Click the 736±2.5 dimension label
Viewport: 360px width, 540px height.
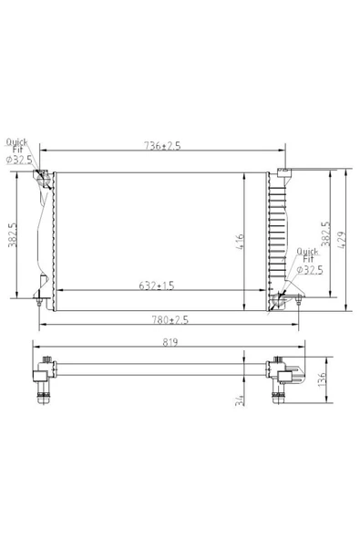[x=162, y=146]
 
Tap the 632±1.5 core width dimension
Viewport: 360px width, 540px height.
[x=157, y=286]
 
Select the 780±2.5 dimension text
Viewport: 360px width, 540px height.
[x=170, y=320]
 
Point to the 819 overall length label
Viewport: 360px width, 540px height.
[x=170, y=342]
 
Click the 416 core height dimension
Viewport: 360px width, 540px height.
[x=240, y=242]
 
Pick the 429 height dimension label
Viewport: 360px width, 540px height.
[x=343, y=240]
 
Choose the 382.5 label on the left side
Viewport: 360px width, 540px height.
[x=13, y=234]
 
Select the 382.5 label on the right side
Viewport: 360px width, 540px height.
[x=325, y=234]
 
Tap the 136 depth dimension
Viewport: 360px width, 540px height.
[x=322, y=379]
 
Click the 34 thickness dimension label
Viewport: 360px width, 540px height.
[x=240, y=400]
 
